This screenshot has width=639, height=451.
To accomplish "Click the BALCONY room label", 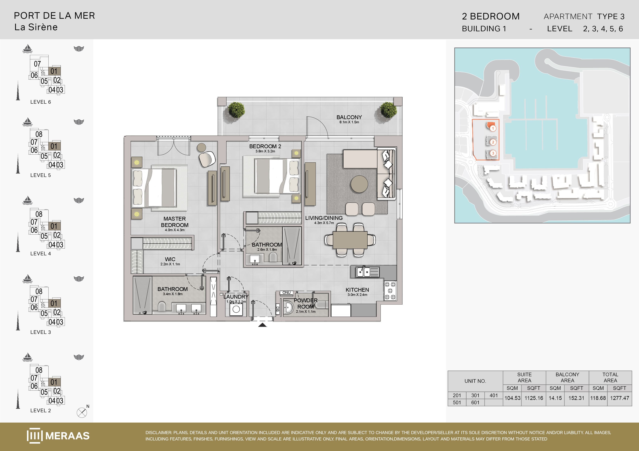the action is pyautogui.click(x=349, y=117).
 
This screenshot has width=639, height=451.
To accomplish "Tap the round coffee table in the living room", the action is pyautogui.click(x=359, y=184).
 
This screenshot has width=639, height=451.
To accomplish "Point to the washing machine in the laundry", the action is pyautogui.click(x=236, y=309).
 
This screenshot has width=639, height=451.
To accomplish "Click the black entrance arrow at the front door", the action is pyautogui.click(x=262, y=325).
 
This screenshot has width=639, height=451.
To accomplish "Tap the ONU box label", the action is pyautogui.click(x=286, y=293).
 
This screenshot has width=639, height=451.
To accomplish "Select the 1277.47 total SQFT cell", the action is pyautogui.click(x=620, y=398).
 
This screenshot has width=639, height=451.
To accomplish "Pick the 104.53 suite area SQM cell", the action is pyautogui.click(x=512, y=398).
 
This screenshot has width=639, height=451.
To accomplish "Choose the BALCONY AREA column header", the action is pyautogui.click(x=567, y=377).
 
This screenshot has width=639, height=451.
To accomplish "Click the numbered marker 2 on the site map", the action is pyautogui.click(x=493, y=142).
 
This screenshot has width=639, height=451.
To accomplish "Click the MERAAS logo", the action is pyautogui.click(x=58, y=435).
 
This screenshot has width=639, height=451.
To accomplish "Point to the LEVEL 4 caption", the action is pyautogui.click(x=41, y=254).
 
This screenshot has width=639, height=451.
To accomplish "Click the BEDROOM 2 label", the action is pyautogui.click(x=265, y=146).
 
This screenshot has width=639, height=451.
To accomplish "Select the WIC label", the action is pyautogui.click(x=170, y=259).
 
